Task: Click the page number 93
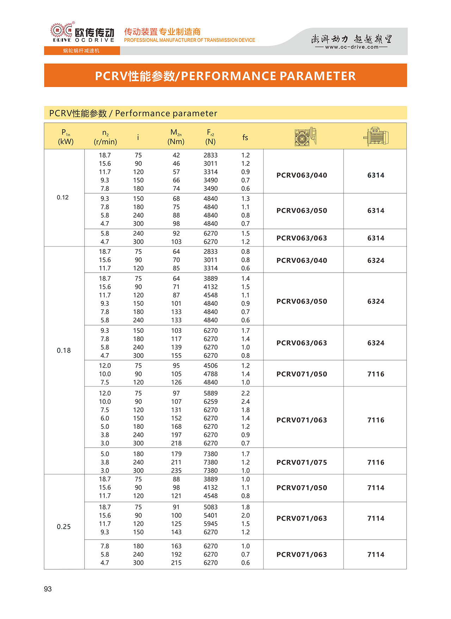pyautogui.click(x=48, y=589)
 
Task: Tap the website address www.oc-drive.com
pyautogui.click(x=351, y=47)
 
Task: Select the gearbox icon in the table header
pyautogui.click(x=305, y=137)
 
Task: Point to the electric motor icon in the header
pyautogui.click(x=376, y=136)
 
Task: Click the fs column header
pyautogui.click(x=245, y=138)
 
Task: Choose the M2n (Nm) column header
pyautogui.click(x=176, y=137)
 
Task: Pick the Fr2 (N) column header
pyautogui.click(x=210, y=137)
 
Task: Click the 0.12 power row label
pyautogui.click(x=63, y=198)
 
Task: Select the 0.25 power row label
pyautogui.click(x=64, y=527)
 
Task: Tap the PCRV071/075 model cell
pyautogui.click(x=302, y=462)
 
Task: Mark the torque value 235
pyautogui.click(x=176, y=471)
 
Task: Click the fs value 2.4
pyautogui.click(x=246, y=401)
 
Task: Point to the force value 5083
pyautogui.click(x=210, y=507)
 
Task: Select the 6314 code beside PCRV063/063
pyautogui.click(x=376, y=238)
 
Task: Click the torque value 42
pyautogui.click(x=176, y=155)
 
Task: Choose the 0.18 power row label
pyautogui.click(x=64, y=350)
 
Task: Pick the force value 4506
pyautogui.click(x=210, y=366)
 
